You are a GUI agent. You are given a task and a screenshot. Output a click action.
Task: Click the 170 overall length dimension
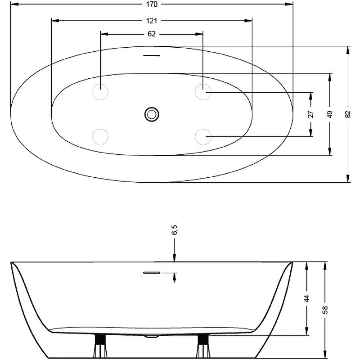(152, 4)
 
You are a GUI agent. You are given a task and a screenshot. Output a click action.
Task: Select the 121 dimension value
(152, 21)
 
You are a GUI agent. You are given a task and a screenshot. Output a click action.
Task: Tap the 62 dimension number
(152, 34)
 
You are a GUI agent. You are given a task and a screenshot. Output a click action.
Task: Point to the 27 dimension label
(310, 114)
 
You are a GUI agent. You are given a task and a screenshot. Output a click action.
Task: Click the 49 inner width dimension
(330, 114)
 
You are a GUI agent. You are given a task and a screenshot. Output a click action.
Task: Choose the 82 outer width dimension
(348, 114)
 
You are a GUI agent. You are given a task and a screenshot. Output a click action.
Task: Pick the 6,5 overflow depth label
(175, 230)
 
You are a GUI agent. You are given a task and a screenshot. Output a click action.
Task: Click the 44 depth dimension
(307, 298)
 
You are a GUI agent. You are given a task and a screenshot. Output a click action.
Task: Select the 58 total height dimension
(325, 310)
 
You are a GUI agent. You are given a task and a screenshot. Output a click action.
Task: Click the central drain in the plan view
(152, 114)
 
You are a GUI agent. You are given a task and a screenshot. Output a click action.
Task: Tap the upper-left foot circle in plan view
(100, 92)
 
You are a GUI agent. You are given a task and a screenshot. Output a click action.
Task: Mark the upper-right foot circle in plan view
(203, 92)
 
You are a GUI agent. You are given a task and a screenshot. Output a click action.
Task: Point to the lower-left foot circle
(100, 137)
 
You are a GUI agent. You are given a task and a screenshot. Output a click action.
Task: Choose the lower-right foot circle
(203, 137)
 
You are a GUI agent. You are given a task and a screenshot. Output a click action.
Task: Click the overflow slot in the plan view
(152, 55)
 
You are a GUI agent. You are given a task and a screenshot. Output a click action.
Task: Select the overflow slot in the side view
(152, 273)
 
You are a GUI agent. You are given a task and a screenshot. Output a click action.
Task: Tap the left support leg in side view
(100, 346)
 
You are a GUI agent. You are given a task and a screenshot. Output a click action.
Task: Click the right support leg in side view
(203, 346)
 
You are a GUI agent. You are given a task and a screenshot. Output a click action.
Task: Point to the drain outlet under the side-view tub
(152, 336)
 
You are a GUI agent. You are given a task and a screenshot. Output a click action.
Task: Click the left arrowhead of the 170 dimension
(14, 4)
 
